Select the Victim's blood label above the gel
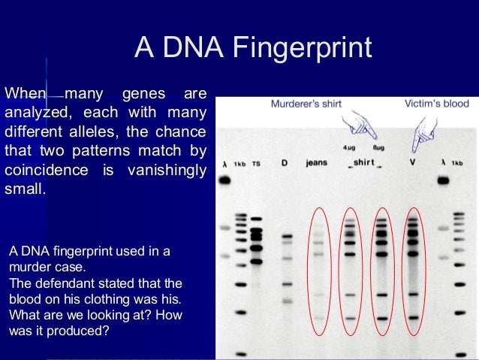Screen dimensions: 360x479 (436, 104)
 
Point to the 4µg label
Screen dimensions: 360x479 (349, 148)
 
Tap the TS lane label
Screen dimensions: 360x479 (256, 163)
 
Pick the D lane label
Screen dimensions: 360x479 (285, 162)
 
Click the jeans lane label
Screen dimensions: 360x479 (317, 162)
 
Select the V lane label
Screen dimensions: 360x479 (411, 162)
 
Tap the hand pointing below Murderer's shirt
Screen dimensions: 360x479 (360, 126)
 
